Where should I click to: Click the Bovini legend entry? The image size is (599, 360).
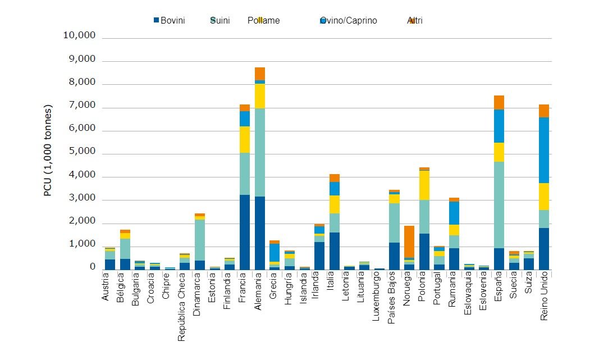coord(173,21)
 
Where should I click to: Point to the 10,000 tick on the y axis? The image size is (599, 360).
coord(80,36)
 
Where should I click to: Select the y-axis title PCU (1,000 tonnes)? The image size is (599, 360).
coord(48,150)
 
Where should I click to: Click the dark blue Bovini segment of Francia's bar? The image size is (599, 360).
coord(244,232)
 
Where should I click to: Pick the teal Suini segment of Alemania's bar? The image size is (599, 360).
coord(259,152)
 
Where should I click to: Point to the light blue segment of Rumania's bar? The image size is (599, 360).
coord(454,213)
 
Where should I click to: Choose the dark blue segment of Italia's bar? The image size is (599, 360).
coord(334,250)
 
